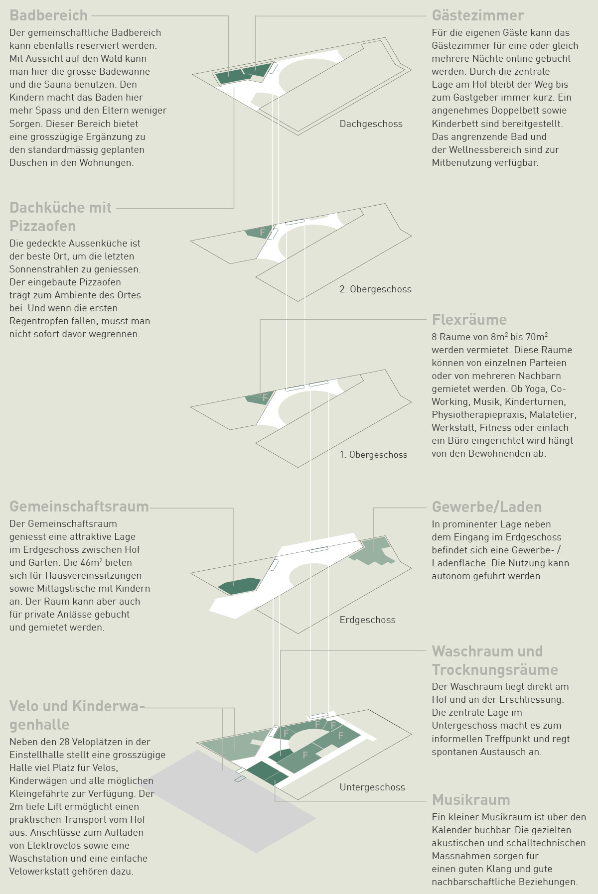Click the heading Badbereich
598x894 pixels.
[x=48, y=15]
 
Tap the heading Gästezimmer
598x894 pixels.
[x=478, y=15]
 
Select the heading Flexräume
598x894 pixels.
[x=469, y=319]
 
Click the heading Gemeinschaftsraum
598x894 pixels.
[x=79, y=507]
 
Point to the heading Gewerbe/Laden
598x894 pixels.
[x=487, y=507]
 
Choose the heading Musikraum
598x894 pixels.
[x=471, y=800]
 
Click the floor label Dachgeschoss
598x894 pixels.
[x=371, y=124]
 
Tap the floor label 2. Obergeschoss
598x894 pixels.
[x=376, y=289]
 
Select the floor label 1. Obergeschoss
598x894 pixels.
[x=374, y=455]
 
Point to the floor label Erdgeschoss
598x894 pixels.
[x=368, y=620]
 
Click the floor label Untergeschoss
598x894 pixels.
[x=372, y=787]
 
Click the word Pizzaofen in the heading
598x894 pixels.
[x=43, y=226]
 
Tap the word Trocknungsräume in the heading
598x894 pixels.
[x=495, y=670]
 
